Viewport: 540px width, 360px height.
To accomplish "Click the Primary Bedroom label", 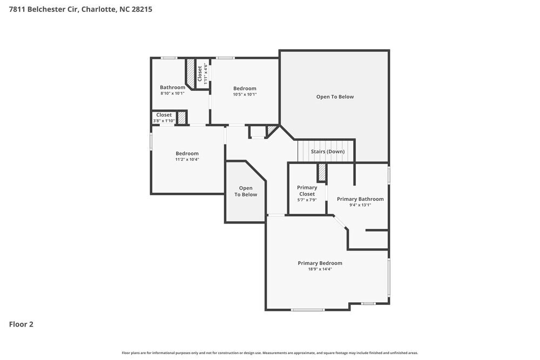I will [320, 263].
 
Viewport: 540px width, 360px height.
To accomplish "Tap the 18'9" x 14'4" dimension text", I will [320, 269].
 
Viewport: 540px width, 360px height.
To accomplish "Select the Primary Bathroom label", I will [360, 199].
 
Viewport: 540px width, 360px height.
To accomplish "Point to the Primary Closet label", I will [307, 191].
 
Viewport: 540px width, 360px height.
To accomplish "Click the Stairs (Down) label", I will [327, 152].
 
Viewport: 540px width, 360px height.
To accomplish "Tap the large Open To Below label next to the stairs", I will [335, 97].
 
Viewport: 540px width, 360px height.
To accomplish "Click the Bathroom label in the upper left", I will [172, 87].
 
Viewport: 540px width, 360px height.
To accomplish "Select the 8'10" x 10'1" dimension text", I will [172, 93].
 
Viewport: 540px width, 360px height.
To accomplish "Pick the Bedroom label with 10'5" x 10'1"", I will [245, 89].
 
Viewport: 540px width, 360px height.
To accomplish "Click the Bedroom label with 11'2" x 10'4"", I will [187, 153].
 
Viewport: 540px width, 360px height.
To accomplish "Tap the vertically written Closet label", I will [200, 73].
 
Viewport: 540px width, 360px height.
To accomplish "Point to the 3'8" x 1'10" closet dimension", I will [164, 121].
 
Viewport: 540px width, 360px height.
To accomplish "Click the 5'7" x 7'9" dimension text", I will [307, 200].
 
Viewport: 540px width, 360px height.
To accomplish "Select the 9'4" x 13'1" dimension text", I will [360, 205].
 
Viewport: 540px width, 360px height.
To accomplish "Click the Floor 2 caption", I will [21, 324].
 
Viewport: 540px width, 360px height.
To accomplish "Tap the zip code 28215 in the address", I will [141, 9].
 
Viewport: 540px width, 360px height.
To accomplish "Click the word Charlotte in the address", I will [98, 9].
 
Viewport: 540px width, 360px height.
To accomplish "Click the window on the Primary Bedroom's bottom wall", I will [307, 310].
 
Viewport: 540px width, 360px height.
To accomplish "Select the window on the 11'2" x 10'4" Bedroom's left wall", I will [151, 141].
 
